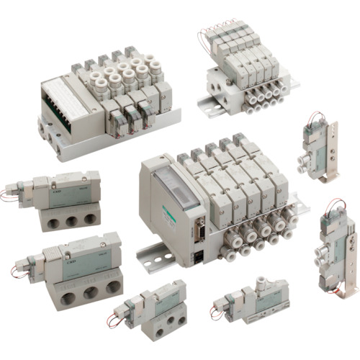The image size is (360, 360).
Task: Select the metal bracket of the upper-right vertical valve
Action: tap(332, 144)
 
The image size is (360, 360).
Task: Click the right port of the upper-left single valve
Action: tap(90, 217)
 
